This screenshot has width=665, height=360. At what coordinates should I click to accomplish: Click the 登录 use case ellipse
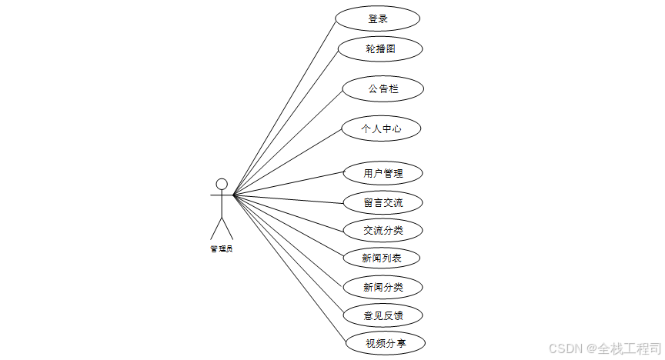[378, 18]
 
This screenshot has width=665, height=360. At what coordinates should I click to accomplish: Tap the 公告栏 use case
[383, 89]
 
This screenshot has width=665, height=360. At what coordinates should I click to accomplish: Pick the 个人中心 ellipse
[381, 128]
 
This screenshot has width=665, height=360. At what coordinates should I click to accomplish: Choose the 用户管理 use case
[383, 173]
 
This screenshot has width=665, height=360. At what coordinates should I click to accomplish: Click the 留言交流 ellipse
[383, 203]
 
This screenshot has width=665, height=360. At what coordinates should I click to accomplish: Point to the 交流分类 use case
[383, 229]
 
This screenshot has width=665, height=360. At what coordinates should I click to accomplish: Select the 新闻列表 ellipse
[382, 258]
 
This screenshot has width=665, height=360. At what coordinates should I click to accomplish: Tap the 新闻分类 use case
[383, 287]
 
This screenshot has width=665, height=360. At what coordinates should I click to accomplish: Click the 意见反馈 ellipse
[383, 315]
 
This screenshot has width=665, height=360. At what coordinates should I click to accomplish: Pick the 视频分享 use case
[383, 343]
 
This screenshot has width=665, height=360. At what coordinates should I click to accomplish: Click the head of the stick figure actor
[222, 184]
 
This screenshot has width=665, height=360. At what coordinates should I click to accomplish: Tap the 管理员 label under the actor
[222, 248]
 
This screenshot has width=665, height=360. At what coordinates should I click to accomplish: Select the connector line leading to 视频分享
[289, 268]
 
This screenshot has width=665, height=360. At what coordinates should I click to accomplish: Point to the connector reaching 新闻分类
[289, 241]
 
